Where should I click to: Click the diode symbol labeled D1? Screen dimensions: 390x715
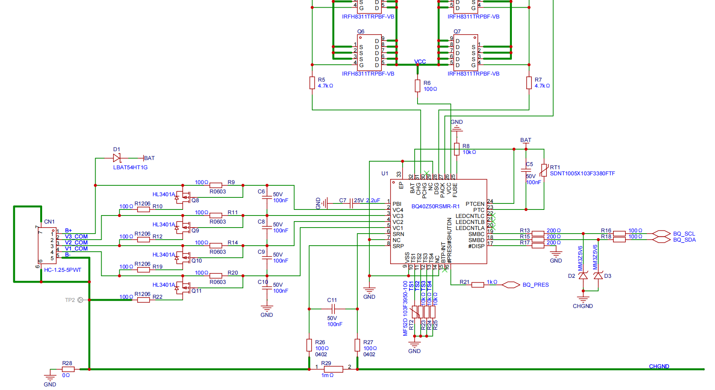pyautogui.click(x=117, y=158)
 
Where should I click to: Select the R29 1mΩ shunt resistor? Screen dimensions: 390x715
pyautogui.click(x=333, y=369)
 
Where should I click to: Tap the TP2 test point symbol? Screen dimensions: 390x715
pyautogui.click(x=80, y=300)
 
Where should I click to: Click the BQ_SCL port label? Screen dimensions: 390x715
pyautogui.click(x=684, y=234)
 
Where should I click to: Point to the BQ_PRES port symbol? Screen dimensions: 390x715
pyautogui.click(x=511, y=285)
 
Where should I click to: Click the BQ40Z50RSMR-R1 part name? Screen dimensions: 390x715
pyautogui.click(x=436, y=206)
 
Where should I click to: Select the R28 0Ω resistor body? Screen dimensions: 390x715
pyautogui.click(x=68, y=369)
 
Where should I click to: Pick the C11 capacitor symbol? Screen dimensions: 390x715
pyautogui.click(x=333, y=309)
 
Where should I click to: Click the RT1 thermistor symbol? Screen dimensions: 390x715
pyautogui.click(x=544, y=170)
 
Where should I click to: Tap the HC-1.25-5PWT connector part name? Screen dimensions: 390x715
pyautogui.click(x=63, y=270)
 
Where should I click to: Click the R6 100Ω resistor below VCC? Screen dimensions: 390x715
pyautogui.click(x=418, y=86)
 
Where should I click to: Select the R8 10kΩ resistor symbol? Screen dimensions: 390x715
pyautogui.click(x=456, y=149)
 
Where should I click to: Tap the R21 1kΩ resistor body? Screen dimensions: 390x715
pyautogui.click(x=477, y=285)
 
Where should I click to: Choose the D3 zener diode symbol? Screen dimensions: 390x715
pyautogui.click(x=598, y=275)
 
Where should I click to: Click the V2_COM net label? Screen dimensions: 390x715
pyautogui.click(x=76, y=242)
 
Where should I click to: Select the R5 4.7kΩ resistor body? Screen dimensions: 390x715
pyautogui.click(x=312, y=83)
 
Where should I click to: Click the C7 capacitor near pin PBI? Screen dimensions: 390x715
pyautogui.click(x=351, y=203)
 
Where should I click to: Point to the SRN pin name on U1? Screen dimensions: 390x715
pyautogui.click(x=398, y=234)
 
